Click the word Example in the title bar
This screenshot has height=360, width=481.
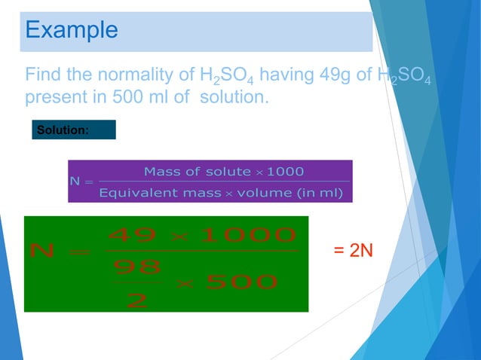pyautogui.click(x=72, y=29)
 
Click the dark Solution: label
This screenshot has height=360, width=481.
pyautogui.click(x=63, y=130)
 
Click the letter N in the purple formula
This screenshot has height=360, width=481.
pyautogui.click(x=74, y=182)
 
